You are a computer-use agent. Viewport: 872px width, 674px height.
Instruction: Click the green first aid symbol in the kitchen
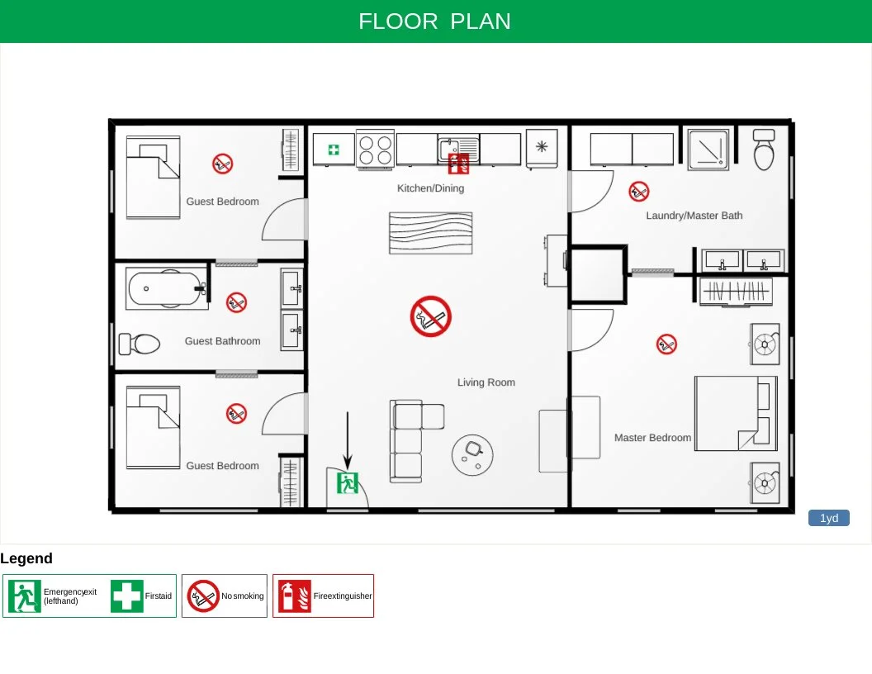(334, 150)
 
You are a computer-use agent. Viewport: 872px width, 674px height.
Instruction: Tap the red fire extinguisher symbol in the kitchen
(458, 164)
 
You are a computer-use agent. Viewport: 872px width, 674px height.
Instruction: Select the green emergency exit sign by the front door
(348, 483)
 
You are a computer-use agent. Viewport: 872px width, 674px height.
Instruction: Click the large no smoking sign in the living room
(431, 316)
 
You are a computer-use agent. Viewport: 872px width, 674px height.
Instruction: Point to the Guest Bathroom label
(222, 341)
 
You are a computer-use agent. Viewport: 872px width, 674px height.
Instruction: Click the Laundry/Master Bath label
(694, 216)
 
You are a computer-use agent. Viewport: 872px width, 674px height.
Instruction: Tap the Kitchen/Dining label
(430, 188)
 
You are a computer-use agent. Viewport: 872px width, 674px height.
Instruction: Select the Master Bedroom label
(652, 438)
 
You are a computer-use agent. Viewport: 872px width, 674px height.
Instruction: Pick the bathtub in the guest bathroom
(166, 289)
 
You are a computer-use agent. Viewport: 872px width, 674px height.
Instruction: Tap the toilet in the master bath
(764, 149)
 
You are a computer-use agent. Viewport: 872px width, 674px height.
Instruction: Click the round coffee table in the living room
(473, 453)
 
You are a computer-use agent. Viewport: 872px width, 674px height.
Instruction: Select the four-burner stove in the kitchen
(375, 150)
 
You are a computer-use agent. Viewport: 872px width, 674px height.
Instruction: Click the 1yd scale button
(828, 518)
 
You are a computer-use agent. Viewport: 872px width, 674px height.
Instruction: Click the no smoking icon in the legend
(203, 596)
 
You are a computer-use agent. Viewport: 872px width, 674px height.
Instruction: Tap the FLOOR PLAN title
(435, 21)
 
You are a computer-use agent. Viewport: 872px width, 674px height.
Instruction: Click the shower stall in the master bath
(708, 149)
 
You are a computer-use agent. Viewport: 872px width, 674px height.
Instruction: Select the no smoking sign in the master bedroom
(666, 344)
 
